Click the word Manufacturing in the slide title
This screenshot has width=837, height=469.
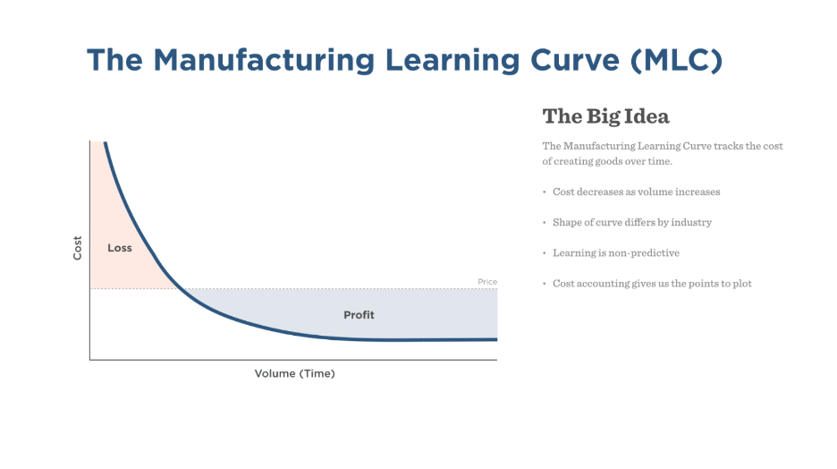[264, 60]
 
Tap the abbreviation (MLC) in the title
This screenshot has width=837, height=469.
[676, 60]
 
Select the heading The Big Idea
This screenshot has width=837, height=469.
[606, 116]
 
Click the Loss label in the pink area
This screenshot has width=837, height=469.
[120, 248]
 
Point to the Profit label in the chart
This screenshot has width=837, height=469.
[359, 315]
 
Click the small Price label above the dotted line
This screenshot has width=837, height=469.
[487, 282]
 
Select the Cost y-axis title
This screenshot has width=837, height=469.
[78, 248]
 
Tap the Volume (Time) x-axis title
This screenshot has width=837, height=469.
[295, 373]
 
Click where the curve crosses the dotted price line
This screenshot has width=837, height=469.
[181, 289]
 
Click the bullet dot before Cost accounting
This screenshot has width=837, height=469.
[545, 284]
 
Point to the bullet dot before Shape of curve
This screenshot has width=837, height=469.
[545, 222]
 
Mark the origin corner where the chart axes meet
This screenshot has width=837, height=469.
[89, 360]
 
